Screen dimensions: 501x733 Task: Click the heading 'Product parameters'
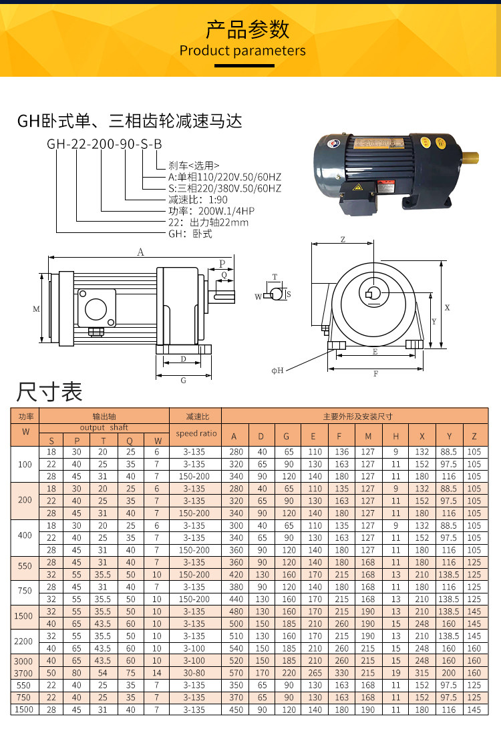pos(242,51)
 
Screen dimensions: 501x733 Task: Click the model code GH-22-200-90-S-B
pos(104,144)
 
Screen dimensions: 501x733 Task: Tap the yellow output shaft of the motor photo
pos(470,158)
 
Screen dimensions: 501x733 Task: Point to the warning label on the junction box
pos(358,188)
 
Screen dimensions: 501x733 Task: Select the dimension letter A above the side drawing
pos(140,252)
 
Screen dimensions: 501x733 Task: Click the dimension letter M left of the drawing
pos(36,309)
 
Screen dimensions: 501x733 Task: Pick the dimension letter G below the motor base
pos(184,381)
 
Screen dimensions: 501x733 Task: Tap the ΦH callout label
pos(277,371)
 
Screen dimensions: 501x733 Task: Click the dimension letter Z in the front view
pos(343,239)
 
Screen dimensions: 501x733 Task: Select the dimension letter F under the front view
pos(375,374)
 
